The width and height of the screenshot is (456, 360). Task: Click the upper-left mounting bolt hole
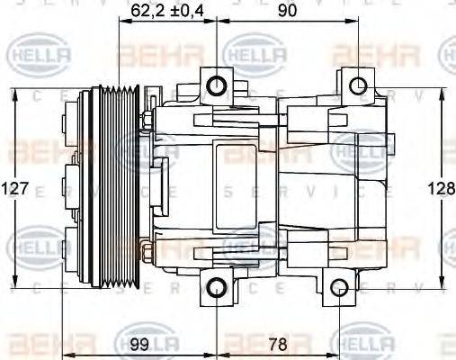coord(217,85)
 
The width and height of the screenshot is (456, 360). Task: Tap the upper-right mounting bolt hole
coord(358,86)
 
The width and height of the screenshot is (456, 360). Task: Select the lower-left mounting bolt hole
coord(217,288)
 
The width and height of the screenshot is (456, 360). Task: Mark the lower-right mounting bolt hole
coord(338,288)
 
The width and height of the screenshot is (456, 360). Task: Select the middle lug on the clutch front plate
coord(70,188)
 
